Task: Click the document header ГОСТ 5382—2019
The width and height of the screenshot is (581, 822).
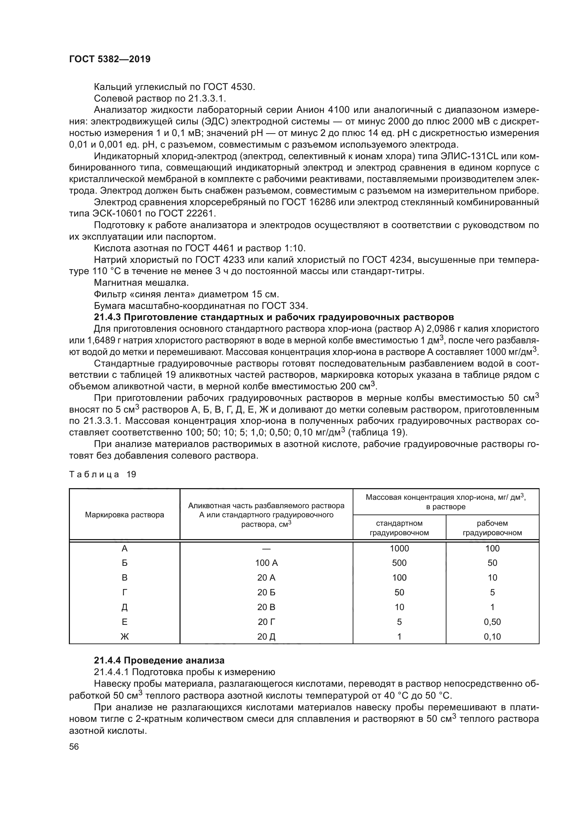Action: tap(110, 59)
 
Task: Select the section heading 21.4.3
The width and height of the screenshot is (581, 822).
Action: tap(274, 317)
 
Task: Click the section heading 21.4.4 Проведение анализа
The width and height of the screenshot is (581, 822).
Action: tap(159, 660)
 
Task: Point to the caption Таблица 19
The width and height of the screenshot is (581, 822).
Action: tap(102, 474)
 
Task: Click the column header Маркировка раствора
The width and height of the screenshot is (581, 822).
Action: tap(124, 515)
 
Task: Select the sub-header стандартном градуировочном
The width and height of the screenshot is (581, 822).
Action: tap(399, 528)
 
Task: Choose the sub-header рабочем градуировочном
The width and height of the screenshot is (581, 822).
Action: tap(492, 528)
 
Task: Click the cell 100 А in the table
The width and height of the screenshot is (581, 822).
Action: tap(266, 563)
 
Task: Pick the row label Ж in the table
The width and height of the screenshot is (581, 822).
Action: tap(124, 636)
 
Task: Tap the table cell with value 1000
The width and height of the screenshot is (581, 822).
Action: tap(399, 549)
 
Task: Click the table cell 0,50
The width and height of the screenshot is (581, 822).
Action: tap(492, 622)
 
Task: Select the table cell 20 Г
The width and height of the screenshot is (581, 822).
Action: tap(266, 622)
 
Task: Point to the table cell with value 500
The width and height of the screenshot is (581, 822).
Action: tap(399, 563)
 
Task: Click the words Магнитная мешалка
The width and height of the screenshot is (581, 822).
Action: tap(141, 283)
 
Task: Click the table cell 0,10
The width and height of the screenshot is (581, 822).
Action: tap(492, 636)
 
